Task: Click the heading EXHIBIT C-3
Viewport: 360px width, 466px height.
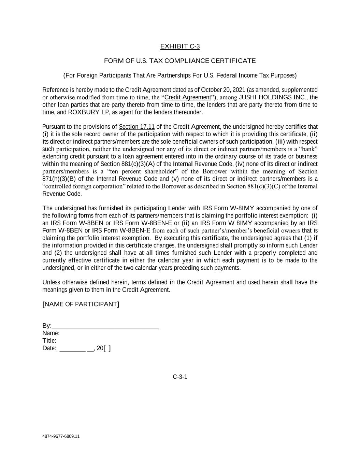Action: coord(180,46)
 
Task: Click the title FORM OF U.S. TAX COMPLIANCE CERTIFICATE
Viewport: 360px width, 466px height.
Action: coord(180,61)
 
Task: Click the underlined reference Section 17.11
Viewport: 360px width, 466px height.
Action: coord(137,127)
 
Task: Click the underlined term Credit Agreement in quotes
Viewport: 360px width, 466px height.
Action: coord(188,97)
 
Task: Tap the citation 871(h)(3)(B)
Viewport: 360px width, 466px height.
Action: coord(59,179)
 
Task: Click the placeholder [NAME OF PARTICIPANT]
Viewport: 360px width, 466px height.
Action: coord(81,304)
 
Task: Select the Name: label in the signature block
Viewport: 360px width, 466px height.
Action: coord(51,333)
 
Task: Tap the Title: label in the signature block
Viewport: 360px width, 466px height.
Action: coord(49,341)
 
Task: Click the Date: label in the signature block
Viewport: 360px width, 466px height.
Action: coord(49,348)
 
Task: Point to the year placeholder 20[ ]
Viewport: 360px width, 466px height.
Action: coord(104,348)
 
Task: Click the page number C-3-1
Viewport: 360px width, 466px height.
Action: coord(180,377)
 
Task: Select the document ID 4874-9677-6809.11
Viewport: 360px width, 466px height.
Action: coord(61,436)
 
